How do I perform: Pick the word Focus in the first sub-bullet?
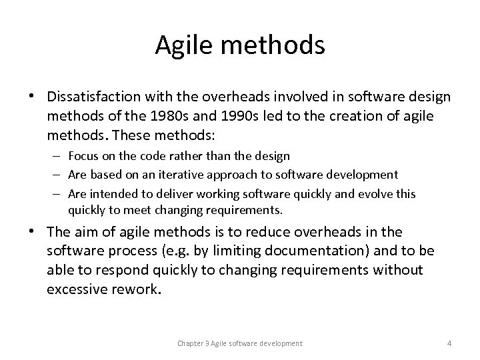pyautogui.click(x=83, y=156)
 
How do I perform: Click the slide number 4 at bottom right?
pyautogui.click(x=449, y=343)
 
